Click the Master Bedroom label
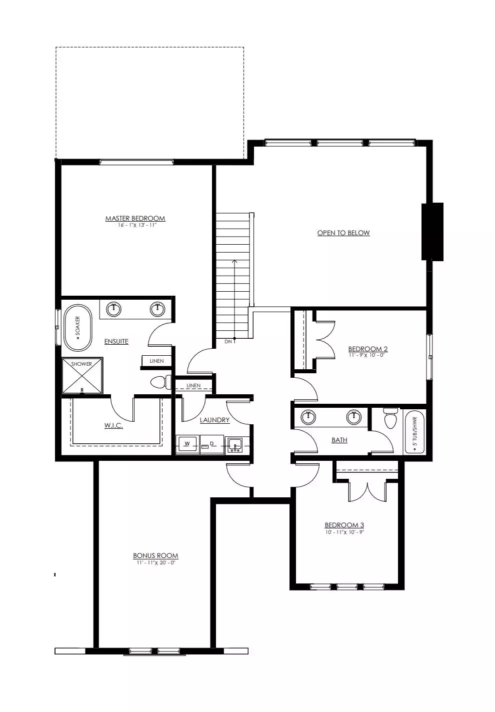click(x=135, y=218)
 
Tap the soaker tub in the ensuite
click(x=78, y=328)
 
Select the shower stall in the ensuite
click(x=82, y=376)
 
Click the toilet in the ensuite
click(x=160, y=382)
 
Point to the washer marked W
click(x=187, y=444)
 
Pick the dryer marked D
click(x=212, y=444)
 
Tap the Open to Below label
click(x=343, y=233)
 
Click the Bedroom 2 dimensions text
click(x=366, y=355)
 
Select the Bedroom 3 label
click(x=344, y=525)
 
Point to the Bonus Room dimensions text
click(x=156, y=562)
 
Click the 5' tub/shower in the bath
click(x=414, y=432)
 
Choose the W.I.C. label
click(x=113, y=425)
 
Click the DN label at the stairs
click(x=228, y=342)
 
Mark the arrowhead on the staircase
click(x=234, y=261)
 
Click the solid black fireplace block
click(x=432, y=232)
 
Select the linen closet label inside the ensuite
click(x=156, y=361)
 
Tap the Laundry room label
click(x=214, y=420)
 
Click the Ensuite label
click(x=116, y=341)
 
